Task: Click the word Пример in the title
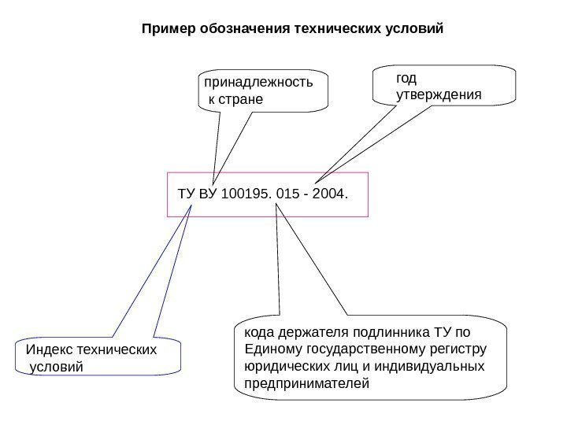[x=161, y=30]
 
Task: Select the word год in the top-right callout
[x=406, y=78]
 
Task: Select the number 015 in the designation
[x=291, y=193]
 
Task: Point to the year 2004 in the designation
[x=328, y=193]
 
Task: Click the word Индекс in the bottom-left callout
[x=49, y=349]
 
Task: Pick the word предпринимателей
[x=306, y=385]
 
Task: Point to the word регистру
[x=460, y=349]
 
